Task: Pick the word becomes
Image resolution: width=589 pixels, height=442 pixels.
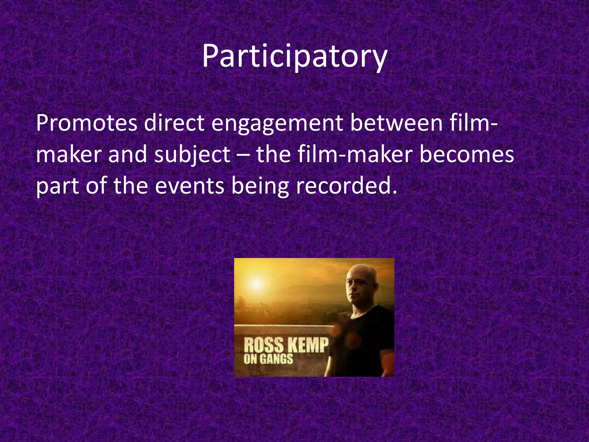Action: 466,154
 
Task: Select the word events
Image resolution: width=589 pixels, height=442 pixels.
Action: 190,186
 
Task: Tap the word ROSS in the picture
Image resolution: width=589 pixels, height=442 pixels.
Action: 264,345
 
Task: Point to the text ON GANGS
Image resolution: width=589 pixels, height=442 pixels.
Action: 268,359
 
